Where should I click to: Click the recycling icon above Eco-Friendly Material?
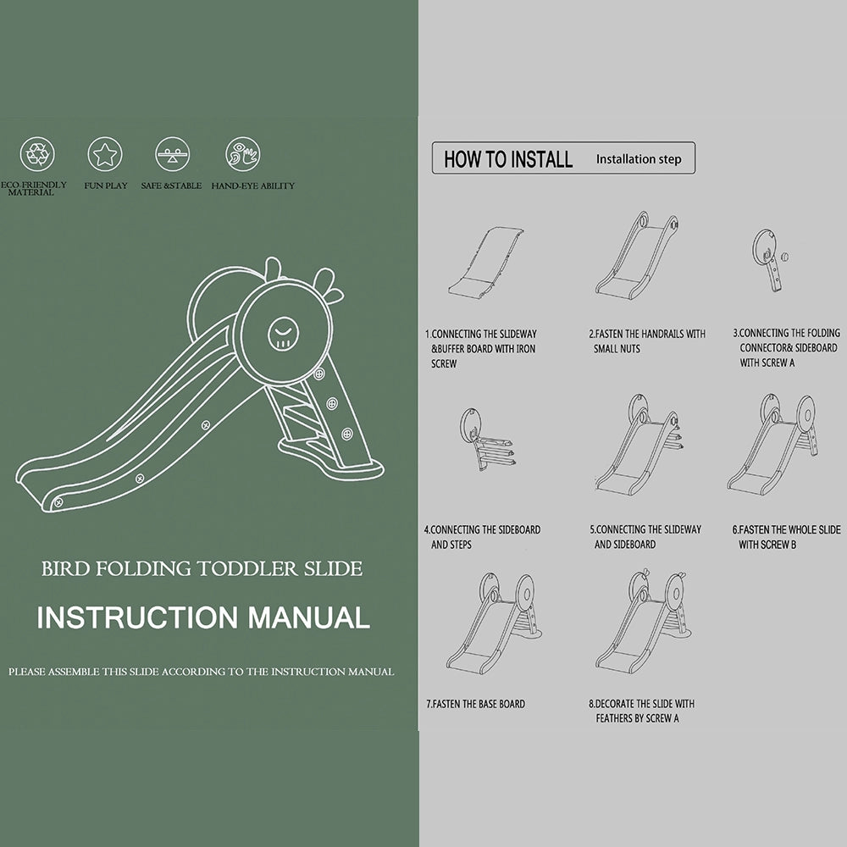pos(37,154)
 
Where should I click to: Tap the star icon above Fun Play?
pos(105,154)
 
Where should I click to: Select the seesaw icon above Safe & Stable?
pos(172,154)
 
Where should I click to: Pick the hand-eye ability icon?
pos(242,154)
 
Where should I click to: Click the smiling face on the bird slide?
pos(284,333)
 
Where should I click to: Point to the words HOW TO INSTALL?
pos(508,159)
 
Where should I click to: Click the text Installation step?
pos(639,159)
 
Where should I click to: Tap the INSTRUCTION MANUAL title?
pos(203,617)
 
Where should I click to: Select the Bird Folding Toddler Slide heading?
pos(202,569)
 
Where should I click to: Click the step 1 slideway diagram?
pos(485,262)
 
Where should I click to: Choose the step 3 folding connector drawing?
pos(770,259)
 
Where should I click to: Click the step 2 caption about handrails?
pos(647,341)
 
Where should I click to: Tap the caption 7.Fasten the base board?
pos(475,704)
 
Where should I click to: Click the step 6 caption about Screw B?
pos(787,537)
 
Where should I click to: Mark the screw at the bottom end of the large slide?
pos(58,502)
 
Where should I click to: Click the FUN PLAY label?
pos(106,185)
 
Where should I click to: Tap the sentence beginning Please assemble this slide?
pos(202,672)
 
